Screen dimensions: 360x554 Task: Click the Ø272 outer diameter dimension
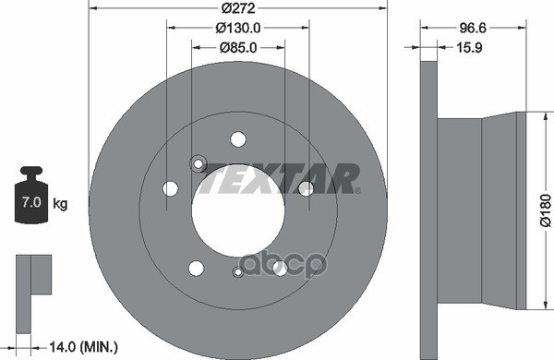pos(237,8)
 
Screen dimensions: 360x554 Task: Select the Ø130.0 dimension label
pos(238,29)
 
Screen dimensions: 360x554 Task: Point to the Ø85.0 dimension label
pos(237,48)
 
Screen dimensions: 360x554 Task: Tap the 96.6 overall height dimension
pos(474,28)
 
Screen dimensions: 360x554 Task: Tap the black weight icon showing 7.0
pos(31,198)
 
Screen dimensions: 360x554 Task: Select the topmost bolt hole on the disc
pos(238,139)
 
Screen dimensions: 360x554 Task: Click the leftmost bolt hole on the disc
pos(171,188)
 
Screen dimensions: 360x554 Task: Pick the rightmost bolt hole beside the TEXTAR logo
pos(305,188)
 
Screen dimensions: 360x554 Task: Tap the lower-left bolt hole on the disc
pos(196,268)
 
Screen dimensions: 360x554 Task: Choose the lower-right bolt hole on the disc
pos(280,268)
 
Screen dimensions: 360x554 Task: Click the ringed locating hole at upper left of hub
pos(198,163)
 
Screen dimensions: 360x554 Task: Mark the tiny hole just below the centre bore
pos(238,271)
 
